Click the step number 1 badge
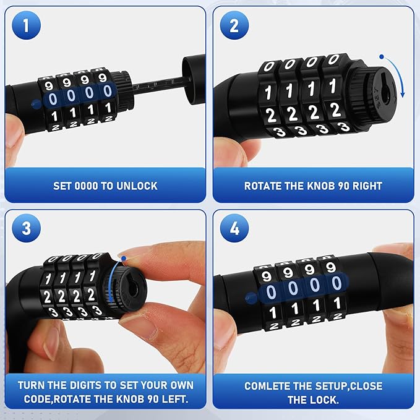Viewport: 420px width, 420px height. point(26,25)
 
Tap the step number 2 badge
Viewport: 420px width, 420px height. point(234,25)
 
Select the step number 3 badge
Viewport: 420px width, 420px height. point(26,228)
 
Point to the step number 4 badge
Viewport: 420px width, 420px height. point(234,228)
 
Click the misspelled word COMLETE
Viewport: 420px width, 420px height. point(267,386)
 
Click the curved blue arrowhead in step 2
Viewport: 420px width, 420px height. point(403,95)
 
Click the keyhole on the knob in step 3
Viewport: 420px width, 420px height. point(133,289)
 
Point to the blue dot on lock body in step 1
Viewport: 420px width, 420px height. point(36,104)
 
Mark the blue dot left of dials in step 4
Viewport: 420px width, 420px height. point(251,298)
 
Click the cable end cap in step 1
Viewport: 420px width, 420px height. point(194,79)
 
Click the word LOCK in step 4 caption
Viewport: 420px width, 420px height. point(325,400)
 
